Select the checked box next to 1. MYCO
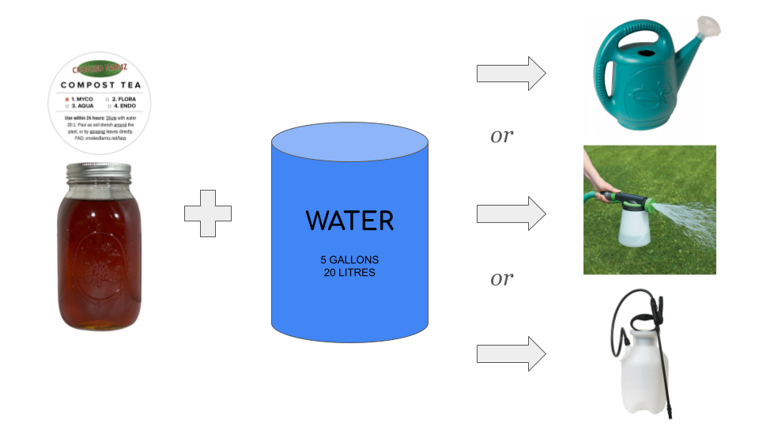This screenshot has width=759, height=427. point(66,98)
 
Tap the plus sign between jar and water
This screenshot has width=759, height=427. point(208,213)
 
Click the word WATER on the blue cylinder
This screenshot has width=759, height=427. point(349,220)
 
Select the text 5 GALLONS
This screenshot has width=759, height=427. point(349,260)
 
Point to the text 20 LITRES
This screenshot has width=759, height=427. point(349,273)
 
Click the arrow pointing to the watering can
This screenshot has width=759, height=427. point(511,74)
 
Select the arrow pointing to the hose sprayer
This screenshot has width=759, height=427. point(511,213)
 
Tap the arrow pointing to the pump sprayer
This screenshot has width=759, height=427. point(511,353)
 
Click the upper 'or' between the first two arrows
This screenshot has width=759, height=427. point(502,137)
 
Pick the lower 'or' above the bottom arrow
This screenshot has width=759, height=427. point(502,279)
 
